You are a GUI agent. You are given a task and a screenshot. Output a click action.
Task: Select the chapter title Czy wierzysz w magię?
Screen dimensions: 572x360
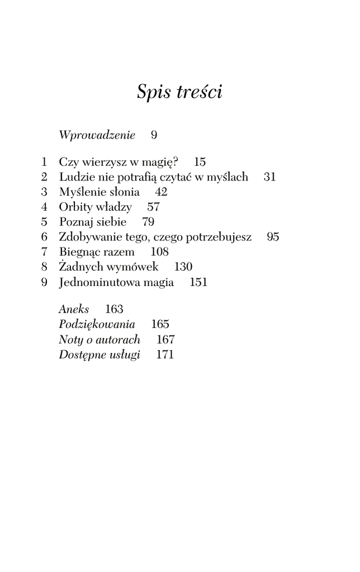coord(119,163)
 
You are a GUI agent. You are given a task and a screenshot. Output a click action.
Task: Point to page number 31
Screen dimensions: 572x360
coord(270,177)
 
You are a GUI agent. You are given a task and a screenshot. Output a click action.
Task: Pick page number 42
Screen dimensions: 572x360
coord(161,192)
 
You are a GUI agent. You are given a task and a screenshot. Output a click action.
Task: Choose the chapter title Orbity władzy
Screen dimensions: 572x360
coord(95,207)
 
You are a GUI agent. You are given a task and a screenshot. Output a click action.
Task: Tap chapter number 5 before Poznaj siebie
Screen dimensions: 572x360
coord(44,222)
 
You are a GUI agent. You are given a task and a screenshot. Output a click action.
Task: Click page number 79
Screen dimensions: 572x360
coord(148,222)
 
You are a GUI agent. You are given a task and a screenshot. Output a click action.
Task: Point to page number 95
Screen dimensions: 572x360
coord(273,237)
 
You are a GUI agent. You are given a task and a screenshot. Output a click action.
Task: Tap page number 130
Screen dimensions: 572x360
coord(183,268)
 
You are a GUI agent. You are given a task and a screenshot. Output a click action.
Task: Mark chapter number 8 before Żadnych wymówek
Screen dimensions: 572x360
coord(44,268)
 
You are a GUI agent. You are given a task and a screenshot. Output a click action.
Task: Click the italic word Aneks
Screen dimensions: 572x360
coord(74,309)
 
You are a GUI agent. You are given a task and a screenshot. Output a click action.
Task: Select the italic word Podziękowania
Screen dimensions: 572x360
coord(97,324)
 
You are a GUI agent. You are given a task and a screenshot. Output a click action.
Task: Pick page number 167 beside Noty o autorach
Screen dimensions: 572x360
coord(165,339)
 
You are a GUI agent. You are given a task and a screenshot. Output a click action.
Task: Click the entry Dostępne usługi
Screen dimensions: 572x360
coord(99,354)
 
